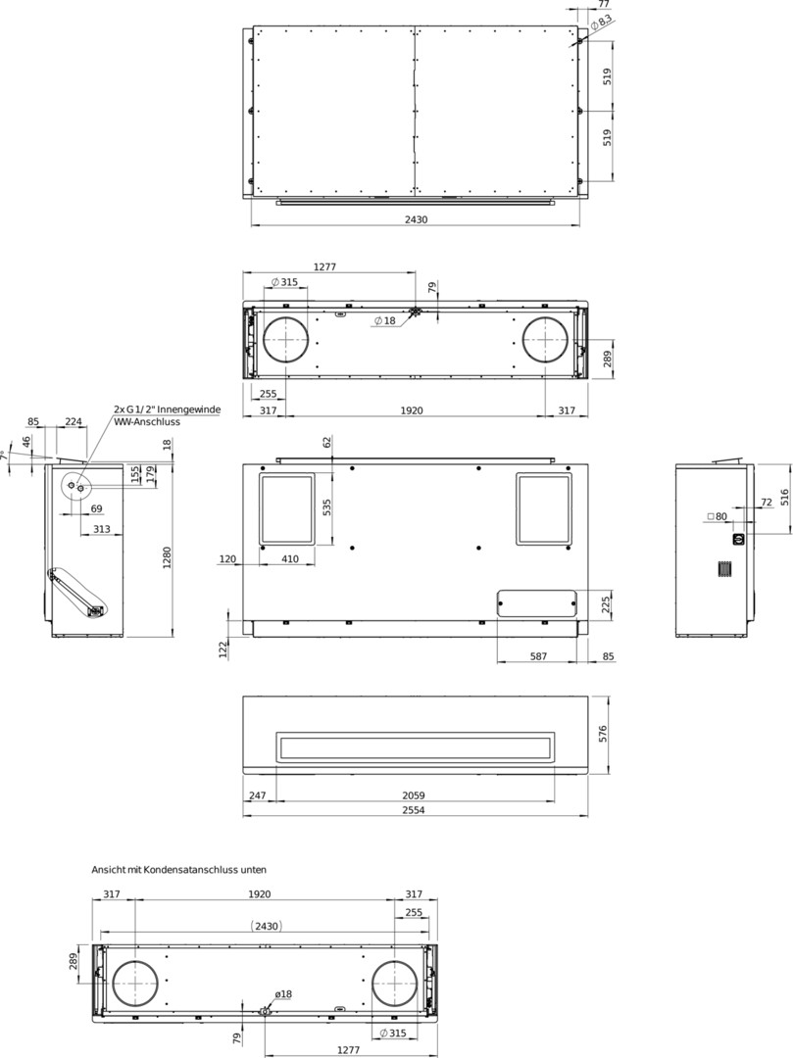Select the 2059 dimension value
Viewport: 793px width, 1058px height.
(x=413, y=795)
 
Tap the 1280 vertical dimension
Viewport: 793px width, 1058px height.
(x=167, y=556)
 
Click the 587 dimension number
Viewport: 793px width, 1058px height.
(x=538, y=655)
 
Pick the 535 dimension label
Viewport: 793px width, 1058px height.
(x=327, y=506)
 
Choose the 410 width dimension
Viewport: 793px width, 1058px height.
(x=289, y=558)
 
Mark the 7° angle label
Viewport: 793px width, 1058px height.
(x=5, y=457)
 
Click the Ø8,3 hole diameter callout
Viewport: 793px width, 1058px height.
(x=601, y=23)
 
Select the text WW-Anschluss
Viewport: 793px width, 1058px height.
(x=146, y=422)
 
